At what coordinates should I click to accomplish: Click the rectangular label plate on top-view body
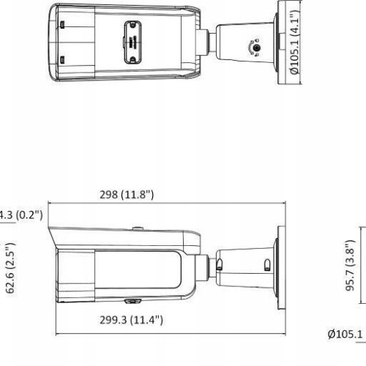click(x=135, y=33)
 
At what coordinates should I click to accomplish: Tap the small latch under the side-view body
click(x=132, y=299)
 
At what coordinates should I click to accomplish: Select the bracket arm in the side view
click(x=245, y=260)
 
